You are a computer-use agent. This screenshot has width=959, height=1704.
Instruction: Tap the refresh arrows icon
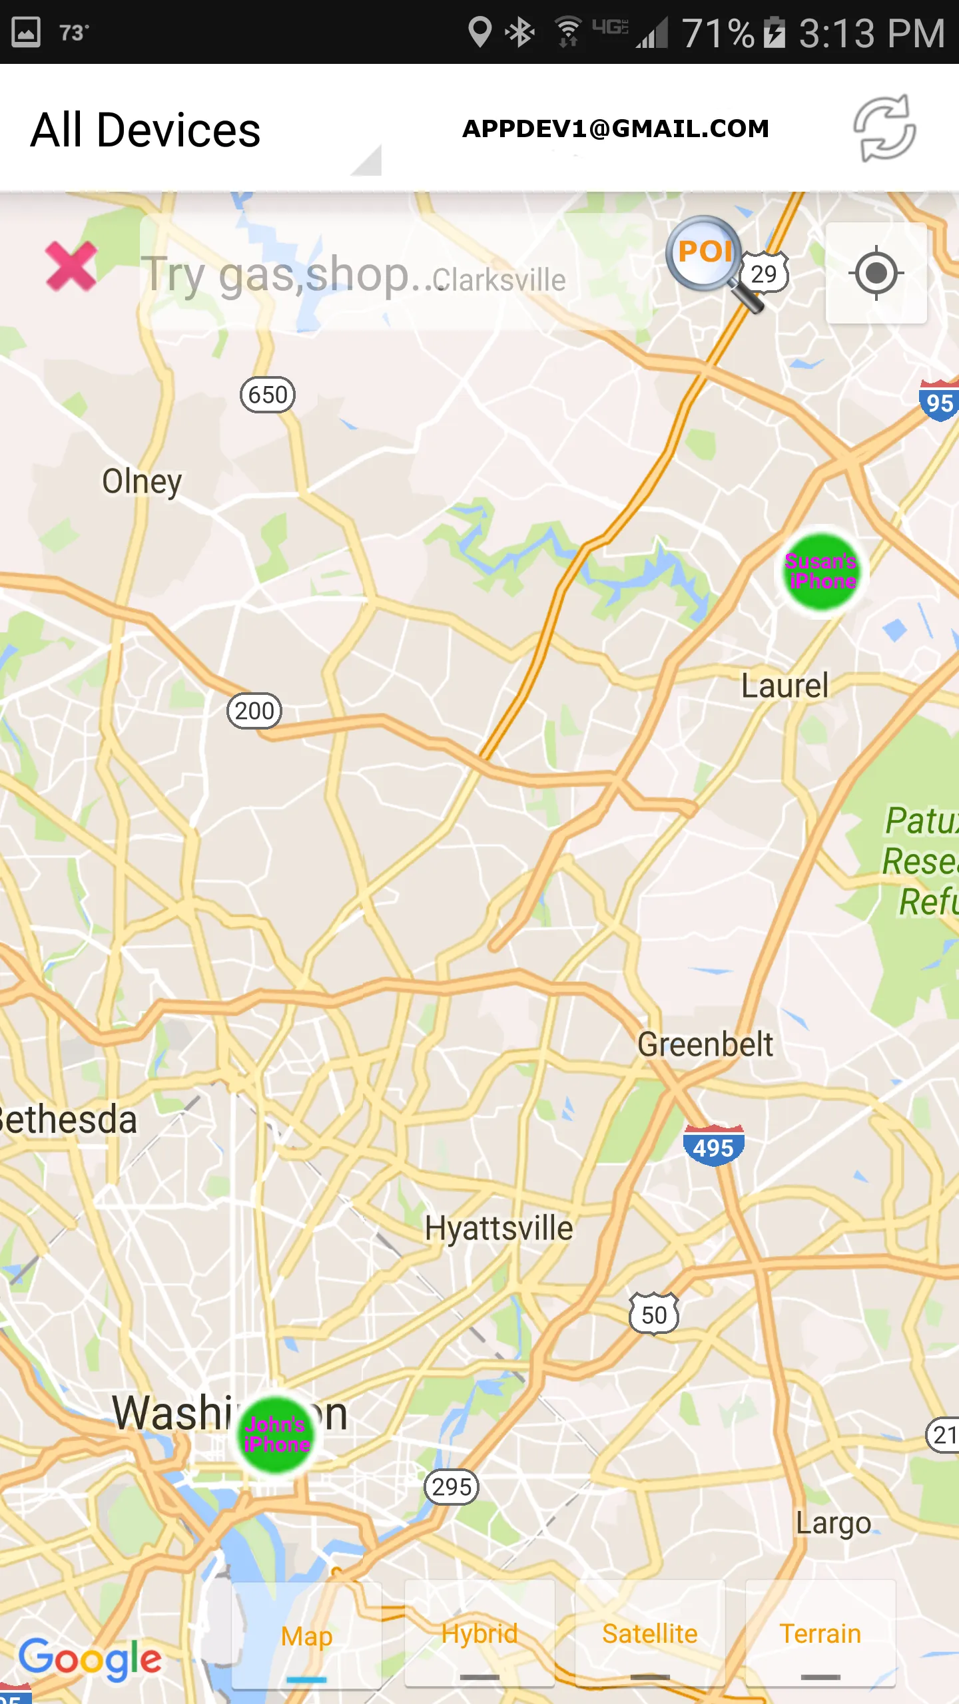click(x=885, y=128)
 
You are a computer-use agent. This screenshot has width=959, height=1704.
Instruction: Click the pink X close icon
click(x=71, y=267)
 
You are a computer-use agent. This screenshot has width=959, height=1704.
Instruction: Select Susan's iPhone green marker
click(x=822, y=572)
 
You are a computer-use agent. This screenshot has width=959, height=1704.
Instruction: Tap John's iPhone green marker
click(x=276, y=1434)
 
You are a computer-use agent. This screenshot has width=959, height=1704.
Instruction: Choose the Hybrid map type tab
click(x=479, y=1635)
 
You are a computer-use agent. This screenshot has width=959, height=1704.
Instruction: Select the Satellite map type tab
click(x=650, y=1635)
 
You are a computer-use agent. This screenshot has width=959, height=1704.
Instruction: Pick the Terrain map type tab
click(x=820, y=1635)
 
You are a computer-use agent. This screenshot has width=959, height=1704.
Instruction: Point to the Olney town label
click(x=142, y=482)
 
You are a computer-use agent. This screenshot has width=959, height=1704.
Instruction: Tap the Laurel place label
click(x=785, y=686)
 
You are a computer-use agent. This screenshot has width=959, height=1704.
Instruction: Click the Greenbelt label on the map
click(x=705, y=1044)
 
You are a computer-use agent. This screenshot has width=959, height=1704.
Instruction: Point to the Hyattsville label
click(x=499, y=1228)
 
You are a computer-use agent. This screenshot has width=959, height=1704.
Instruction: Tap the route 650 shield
click(x=268, y=395)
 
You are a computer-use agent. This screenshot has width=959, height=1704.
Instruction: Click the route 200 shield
click(x=254, y=711)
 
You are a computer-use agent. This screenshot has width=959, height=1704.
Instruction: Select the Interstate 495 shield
click(x=713, y=1146)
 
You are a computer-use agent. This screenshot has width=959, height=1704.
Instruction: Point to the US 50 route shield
click(x=654, y=1315)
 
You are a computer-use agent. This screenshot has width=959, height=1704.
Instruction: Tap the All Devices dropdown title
click(x=146, y=130)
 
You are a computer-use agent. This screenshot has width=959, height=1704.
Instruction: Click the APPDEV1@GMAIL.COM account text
click(x=616, y=128)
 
